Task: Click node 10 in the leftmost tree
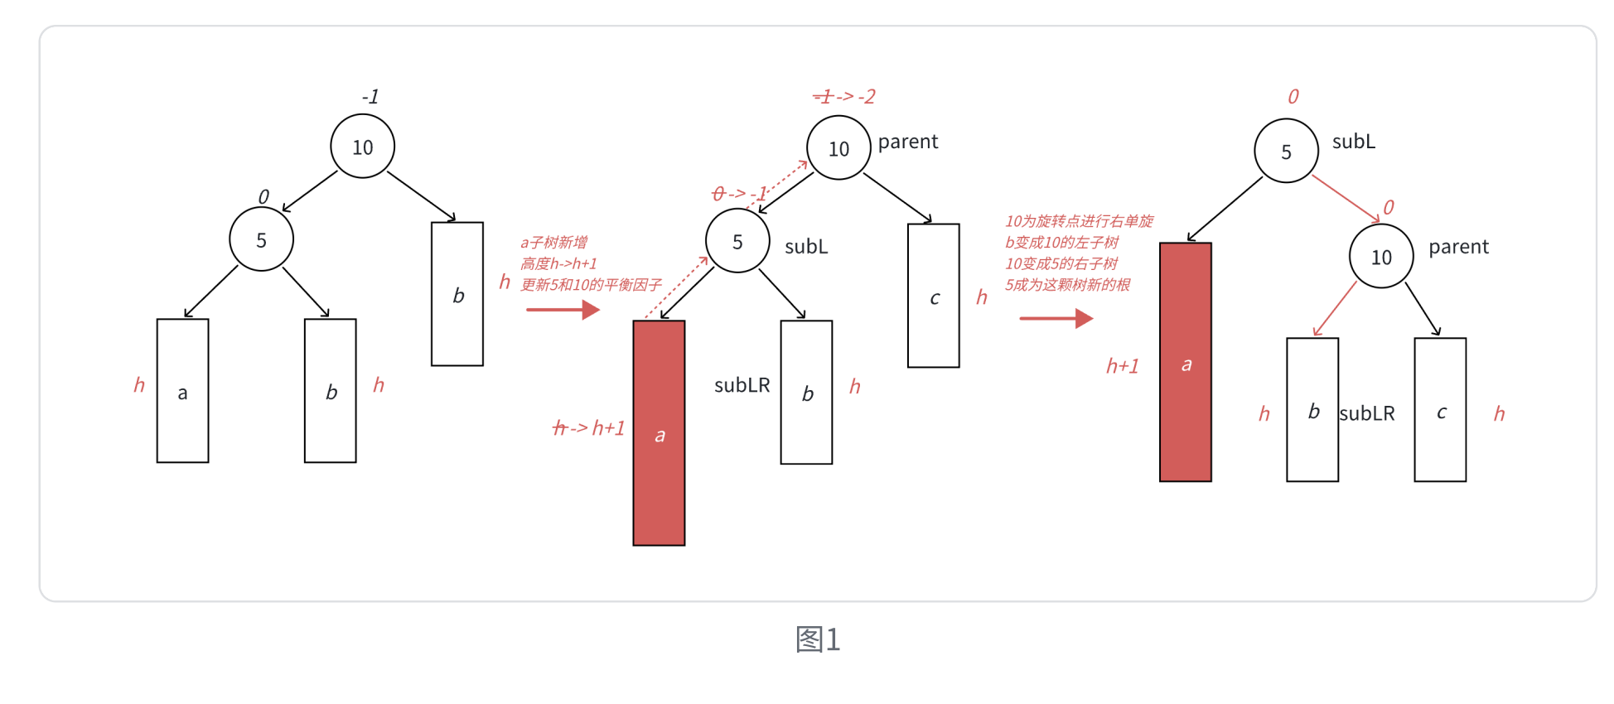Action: click(362, 147)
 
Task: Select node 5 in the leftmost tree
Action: click(261, 239)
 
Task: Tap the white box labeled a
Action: click(182, 391)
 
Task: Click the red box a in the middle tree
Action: click(659, 432)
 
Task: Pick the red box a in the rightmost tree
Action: click(1185, 362)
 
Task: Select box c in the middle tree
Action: click(933, 296)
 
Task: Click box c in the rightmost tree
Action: click(1440, 409)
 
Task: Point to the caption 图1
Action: click(818, 639)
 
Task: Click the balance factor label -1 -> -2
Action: click(844, 97)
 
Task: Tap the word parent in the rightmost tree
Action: click(1458, 247)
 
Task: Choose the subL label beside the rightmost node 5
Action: click(1353, 142)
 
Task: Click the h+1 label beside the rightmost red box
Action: click(1123, 366)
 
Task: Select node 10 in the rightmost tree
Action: click(1381, 257)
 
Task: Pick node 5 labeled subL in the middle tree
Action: click(737, 241)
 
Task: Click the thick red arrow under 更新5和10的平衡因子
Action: click(563, 310)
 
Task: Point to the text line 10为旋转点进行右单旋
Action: click(1079, 221)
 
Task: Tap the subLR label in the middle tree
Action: click(742, 385)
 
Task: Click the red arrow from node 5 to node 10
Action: click(1346, 199)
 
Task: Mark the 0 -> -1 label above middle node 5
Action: click(739, 194)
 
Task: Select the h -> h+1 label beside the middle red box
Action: click(589, 427)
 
